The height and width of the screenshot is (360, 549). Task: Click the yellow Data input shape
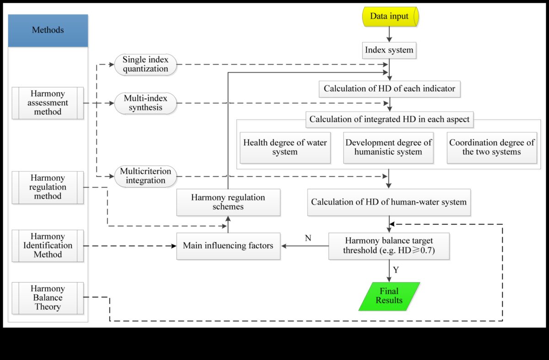(389, 16)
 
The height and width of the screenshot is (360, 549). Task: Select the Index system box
(389, 50)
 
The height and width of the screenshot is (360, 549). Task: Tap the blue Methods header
(48, 31)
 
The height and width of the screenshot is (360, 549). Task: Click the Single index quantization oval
(145, 65)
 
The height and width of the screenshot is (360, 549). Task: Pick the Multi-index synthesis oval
(145, 103)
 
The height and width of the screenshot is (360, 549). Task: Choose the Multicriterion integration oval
(145, 176)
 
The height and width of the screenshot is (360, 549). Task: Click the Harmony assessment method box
(48, 103)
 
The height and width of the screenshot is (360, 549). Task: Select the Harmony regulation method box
(48, 187)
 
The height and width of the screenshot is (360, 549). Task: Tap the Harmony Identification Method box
(48, 246)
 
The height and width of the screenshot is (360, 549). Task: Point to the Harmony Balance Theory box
(48, 298)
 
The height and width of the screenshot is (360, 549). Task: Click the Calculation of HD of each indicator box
(389, 88)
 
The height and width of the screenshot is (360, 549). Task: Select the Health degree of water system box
(285, 148)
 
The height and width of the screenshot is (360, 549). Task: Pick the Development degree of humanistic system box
(388, 148)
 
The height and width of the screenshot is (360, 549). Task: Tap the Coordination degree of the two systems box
(492, 148)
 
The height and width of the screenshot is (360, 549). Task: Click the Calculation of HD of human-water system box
(389, 201)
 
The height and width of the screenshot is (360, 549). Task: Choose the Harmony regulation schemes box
(228, 202)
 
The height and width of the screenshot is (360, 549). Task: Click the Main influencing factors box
(228, 246)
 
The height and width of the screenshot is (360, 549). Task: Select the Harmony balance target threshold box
(389, 246)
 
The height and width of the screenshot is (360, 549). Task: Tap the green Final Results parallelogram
(389, 296)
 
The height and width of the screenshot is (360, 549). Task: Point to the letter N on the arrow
(308, 238)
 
